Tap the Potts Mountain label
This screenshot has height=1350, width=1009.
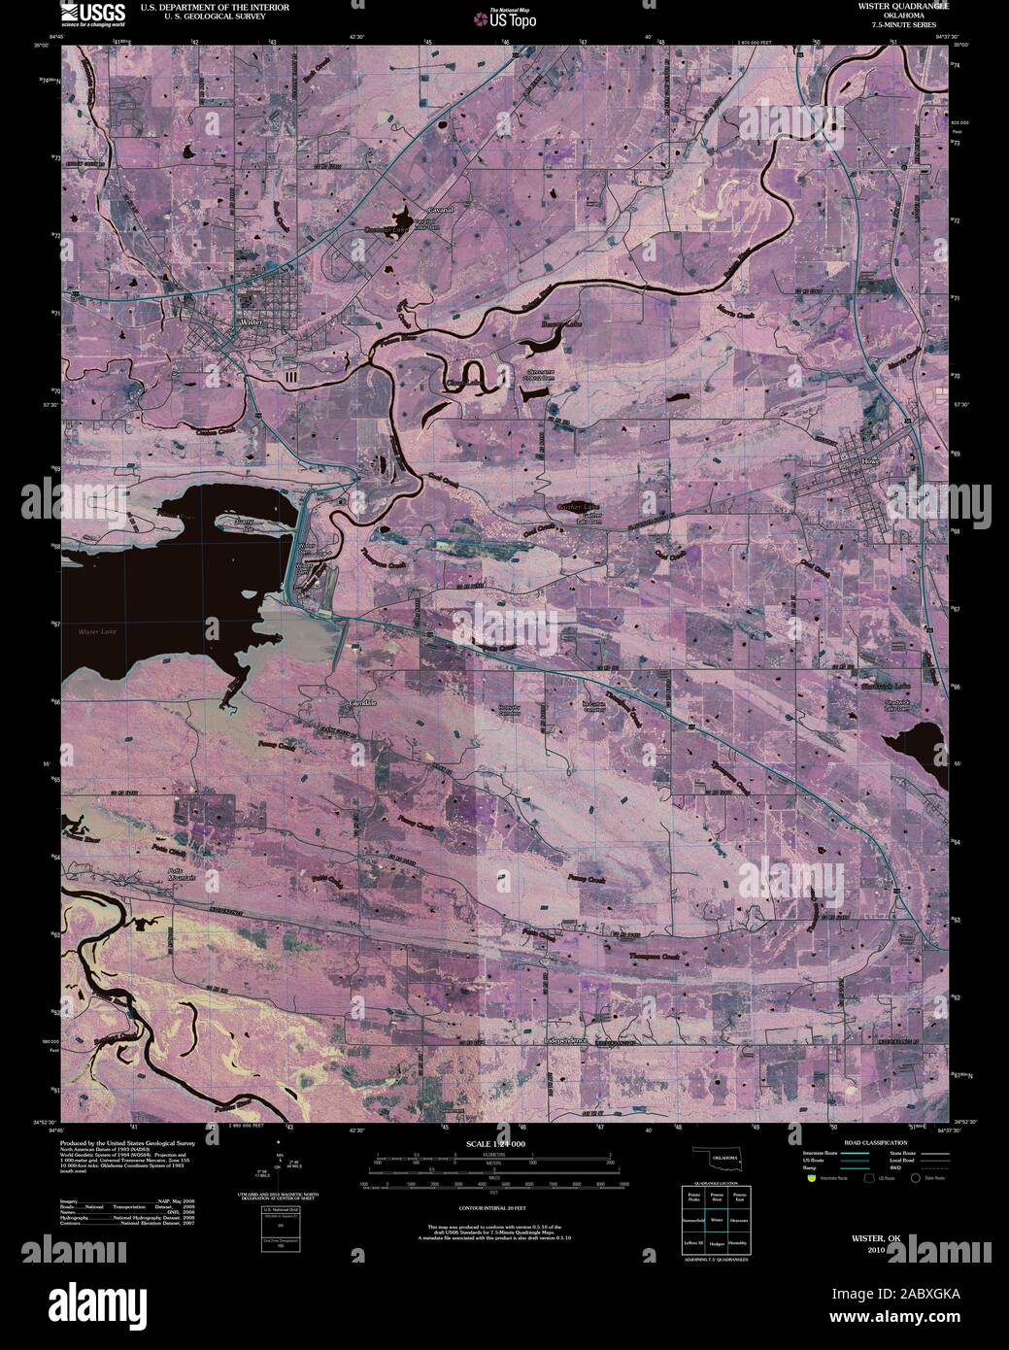point(176,873)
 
